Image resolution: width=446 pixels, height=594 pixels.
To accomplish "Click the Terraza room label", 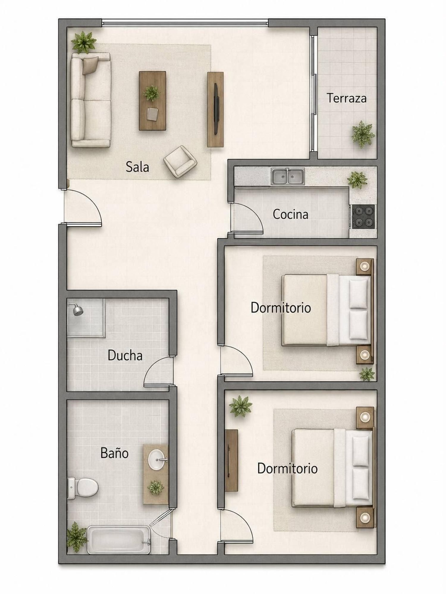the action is click(347, 98).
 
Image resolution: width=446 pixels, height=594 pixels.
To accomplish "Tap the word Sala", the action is click(137, 167).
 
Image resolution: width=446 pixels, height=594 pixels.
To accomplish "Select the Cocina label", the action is click(290, 214).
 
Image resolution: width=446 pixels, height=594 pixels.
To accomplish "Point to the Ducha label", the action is click(125, 356).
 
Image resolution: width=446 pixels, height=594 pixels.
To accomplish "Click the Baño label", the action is click(114, 453).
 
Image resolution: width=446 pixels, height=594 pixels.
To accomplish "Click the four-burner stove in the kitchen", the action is click(363, 217).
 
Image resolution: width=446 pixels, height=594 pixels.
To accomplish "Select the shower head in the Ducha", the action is click(77, 309).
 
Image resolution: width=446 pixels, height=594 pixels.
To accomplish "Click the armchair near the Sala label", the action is click(180, 162).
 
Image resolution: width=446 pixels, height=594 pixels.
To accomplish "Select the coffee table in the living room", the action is click(153, 101).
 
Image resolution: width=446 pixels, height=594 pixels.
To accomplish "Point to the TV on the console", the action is click(216, 109).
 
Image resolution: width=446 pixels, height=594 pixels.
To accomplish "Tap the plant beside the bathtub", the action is click(76, 538).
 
